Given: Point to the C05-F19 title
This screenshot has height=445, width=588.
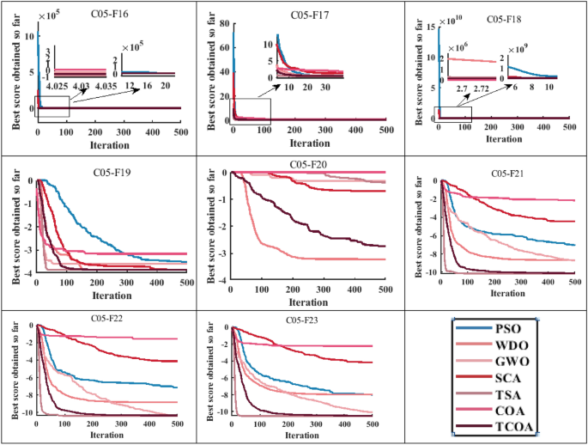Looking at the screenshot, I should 112,171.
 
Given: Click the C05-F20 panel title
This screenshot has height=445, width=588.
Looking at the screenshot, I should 307,163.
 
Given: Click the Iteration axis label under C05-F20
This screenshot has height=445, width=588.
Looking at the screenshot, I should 307,302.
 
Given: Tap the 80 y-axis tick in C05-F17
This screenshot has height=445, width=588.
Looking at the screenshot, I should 224,26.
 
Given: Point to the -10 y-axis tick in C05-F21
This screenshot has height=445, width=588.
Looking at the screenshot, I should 428,273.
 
